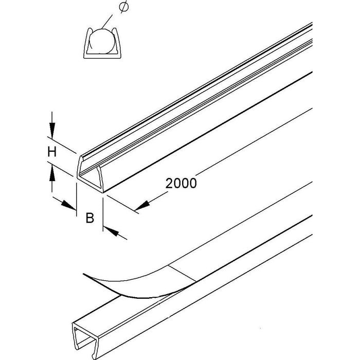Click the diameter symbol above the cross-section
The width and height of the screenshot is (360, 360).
pyautogui.click(x=124, y=7)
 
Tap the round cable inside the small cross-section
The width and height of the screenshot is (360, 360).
pyautogui.click(x=102, y=41)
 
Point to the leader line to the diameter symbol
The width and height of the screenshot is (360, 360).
pyautogui.click(x=107, y=22)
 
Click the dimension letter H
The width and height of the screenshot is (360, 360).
pyautogui.click(x=52, y=152)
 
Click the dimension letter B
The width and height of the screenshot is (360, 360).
pyautogui.click(x=90, y=218)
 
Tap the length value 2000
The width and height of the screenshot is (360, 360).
pyautogui.click(x=181, y=183)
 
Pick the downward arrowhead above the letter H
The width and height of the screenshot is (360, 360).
pyautogui.click(x=52, y=130)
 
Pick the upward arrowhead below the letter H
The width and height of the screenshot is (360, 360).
pyautogui.click(x=52, y=174)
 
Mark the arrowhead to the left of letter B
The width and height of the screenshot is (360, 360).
pyautogui.click(x=68, y=205)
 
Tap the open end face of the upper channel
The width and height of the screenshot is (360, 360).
pyautogui.click(x=90, y=174)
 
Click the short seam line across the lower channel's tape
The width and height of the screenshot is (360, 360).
pyautogui.click(x=183, y=274)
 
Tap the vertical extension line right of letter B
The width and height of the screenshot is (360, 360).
pyautogui.click(x=103, y=214)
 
